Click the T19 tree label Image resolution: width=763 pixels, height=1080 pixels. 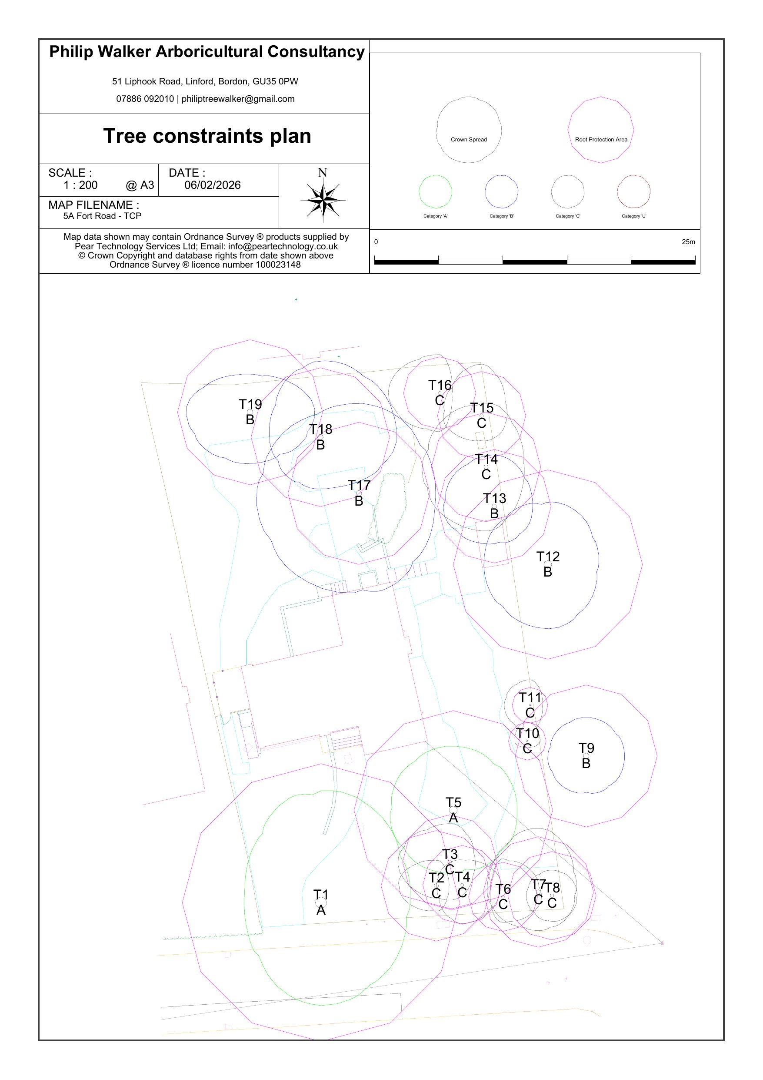250,405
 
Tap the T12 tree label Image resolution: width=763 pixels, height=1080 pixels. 548,557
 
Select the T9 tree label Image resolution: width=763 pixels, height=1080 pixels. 586,748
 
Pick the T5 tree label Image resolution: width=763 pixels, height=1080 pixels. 453,802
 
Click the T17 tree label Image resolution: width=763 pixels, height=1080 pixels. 359,486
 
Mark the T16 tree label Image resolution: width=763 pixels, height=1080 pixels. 440,385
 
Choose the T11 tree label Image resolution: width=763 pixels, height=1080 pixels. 530,698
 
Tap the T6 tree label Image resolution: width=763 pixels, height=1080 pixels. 503,889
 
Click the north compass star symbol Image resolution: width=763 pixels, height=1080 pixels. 323,199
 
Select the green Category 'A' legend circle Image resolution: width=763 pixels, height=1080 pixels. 435,191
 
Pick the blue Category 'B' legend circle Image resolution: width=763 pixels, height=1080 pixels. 502,191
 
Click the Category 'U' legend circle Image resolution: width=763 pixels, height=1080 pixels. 634,191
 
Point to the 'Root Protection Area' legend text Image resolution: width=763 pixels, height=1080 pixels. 601,140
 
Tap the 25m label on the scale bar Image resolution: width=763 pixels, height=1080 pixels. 688,242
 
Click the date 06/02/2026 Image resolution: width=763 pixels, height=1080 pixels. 213,185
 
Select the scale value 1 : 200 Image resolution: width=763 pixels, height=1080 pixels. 80,185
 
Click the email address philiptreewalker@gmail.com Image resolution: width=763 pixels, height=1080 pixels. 238,99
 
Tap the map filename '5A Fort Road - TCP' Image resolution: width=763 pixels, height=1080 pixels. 102,216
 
